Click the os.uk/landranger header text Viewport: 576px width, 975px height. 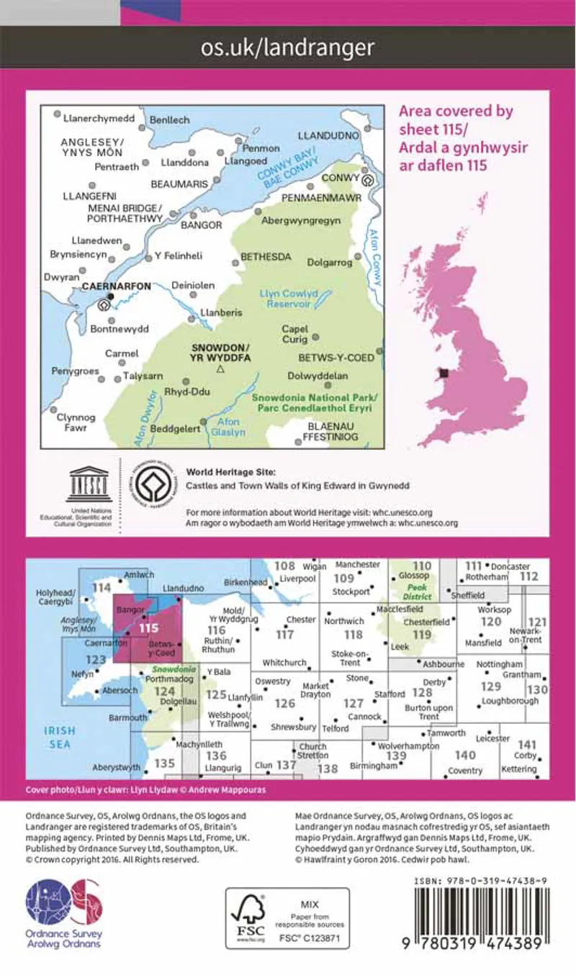[x=288, y=47]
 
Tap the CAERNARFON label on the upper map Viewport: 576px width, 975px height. [x=117, y=286]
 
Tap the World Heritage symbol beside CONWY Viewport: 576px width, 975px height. [x=369, y=180]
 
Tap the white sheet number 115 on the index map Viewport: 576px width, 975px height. [x=149, y=627]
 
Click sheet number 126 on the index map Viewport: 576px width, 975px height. [x=285, y=703]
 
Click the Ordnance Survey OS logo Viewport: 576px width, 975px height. [x=64, y=902]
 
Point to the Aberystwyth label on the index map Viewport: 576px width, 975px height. [x=116, y=768]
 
